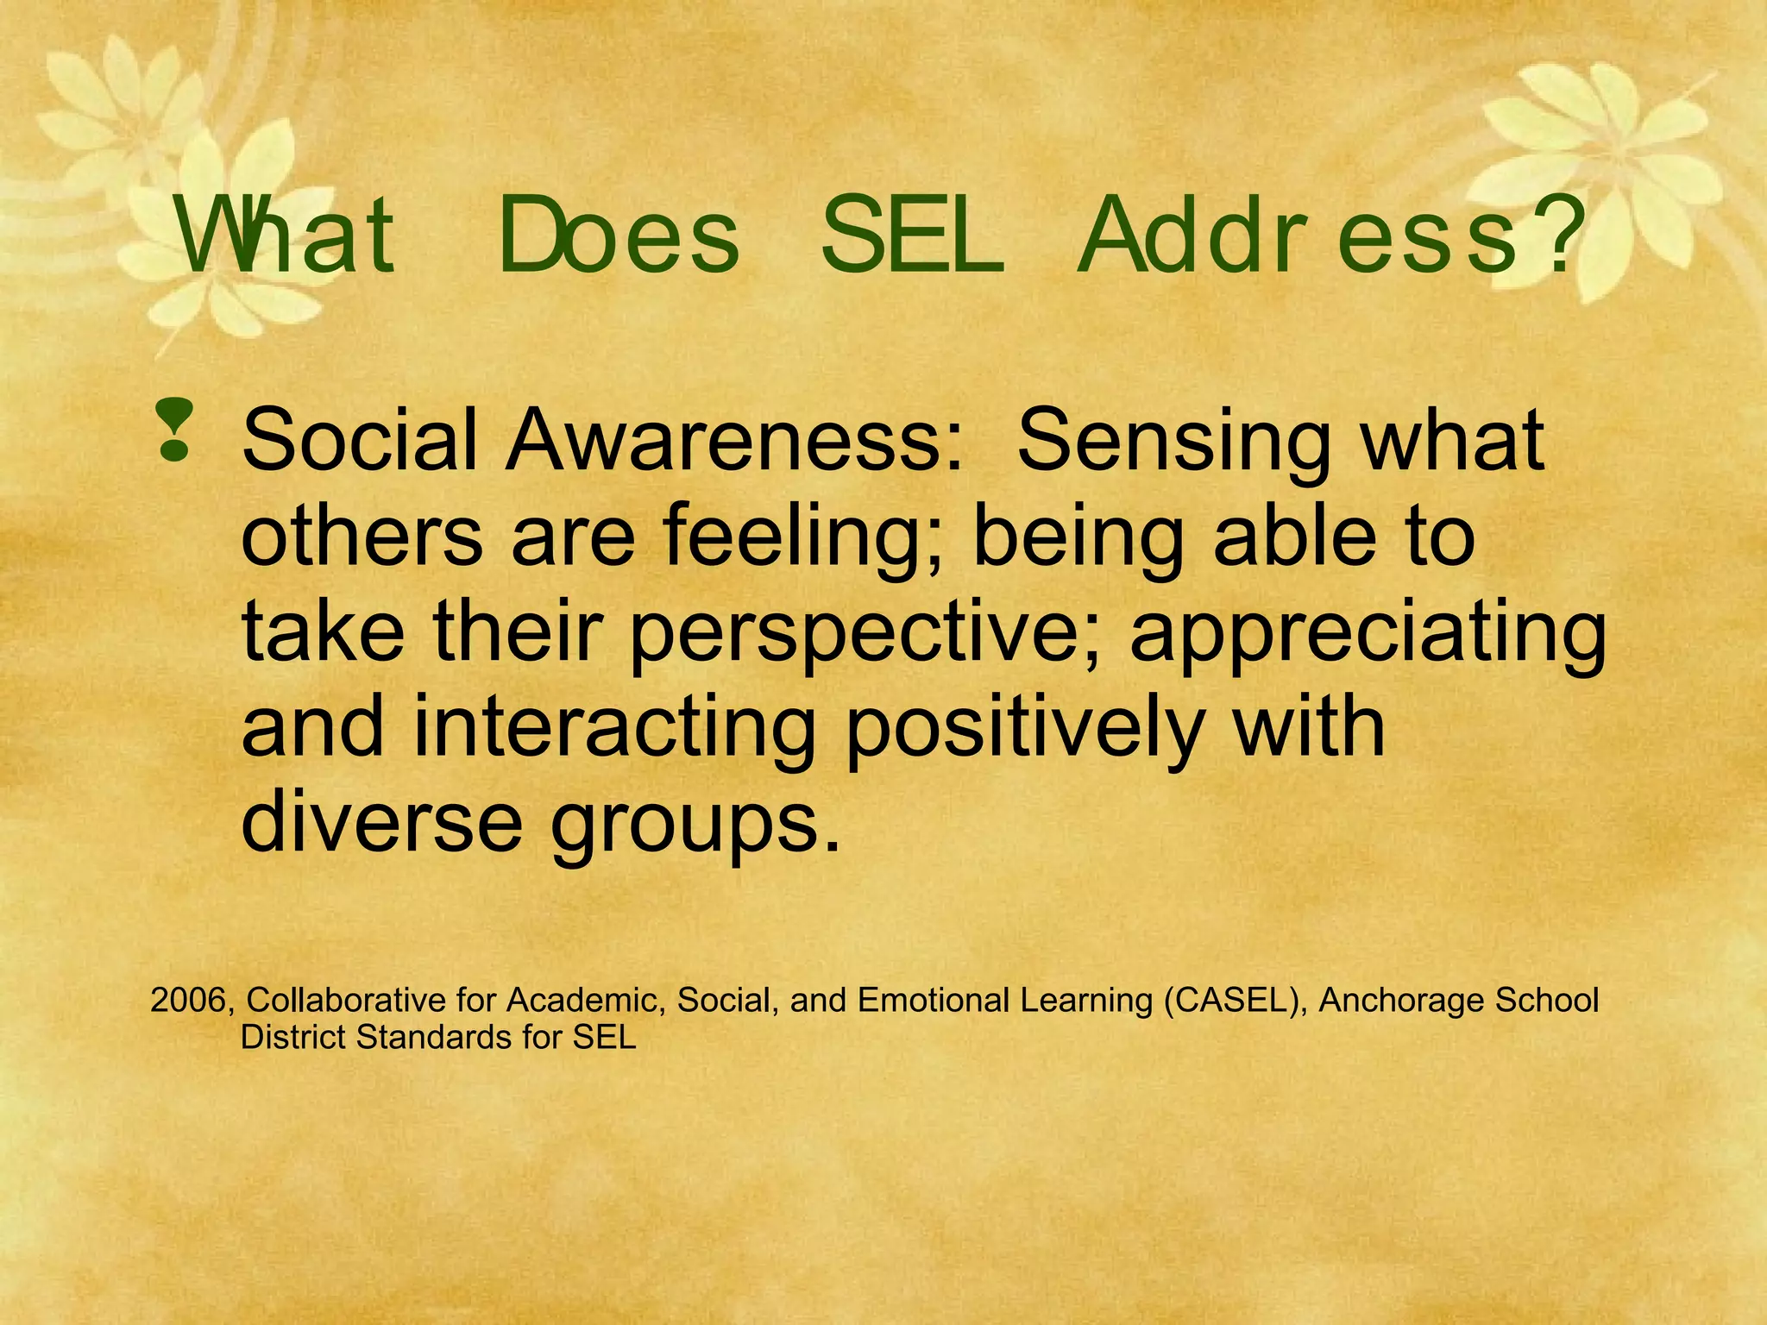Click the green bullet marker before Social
click(174, 430)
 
